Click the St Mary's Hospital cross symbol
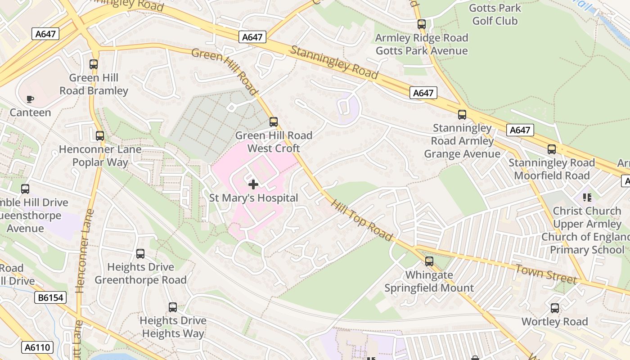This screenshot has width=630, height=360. [253, 184]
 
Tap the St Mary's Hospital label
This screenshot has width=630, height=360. [253, 198]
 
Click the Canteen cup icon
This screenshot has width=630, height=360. [30, 99]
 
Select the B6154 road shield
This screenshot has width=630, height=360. [50, 297]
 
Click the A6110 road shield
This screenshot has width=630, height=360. [37, 347]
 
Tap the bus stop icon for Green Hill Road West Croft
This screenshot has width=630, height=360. [273, 121]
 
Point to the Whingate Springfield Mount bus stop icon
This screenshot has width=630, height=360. [429, 261]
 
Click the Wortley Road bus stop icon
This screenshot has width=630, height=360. [554, 308]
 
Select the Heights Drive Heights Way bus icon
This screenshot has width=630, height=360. [173, 307]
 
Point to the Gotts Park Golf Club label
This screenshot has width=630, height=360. [495, 14]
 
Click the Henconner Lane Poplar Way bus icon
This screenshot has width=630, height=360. [100, 135]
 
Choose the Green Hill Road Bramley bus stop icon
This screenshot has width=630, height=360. [94, 64]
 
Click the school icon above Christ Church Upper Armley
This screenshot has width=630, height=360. [587, 197]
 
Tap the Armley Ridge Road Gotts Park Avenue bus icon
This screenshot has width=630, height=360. [421, 24]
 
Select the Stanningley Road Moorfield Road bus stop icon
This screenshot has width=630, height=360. [551, 149]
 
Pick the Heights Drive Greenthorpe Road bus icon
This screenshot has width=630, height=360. [140, 254]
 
